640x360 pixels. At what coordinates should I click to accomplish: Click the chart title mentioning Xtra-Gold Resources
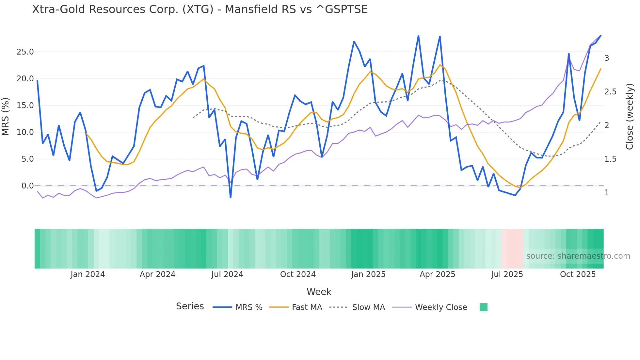coord(200,9)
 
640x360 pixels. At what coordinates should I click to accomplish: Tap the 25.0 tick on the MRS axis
coord(25,52)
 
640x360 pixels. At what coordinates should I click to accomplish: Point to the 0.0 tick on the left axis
coord(27,186)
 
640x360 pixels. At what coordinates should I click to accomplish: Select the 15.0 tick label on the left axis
coord(25,106)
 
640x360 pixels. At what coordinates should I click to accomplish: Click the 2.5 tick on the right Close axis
coord(610,92)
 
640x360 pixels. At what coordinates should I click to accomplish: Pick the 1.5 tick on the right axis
coord(610,159)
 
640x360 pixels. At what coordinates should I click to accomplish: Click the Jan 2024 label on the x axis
coord(88,274)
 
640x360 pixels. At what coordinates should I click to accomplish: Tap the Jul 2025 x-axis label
coord(507,274)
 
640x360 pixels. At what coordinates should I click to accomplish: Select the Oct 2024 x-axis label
coord(298,274)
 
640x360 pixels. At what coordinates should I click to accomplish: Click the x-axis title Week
coord(319,292)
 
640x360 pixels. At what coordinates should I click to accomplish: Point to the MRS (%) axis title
coord(6,116)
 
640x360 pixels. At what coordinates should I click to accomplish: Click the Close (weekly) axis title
coord(630,116)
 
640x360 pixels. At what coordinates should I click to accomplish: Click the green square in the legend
coord(484,307)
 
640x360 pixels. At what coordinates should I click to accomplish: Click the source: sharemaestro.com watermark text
coord(578,256)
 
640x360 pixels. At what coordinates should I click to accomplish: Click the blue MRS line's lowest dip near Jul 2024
coord(231,197)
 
